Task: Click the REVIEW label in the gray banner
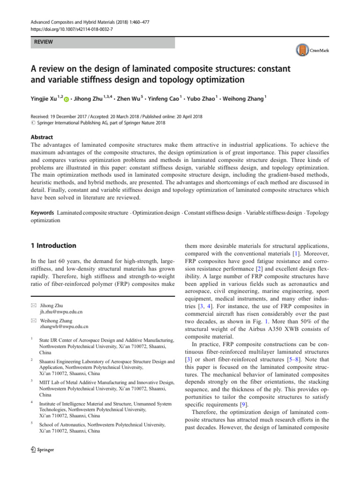pos(42,42)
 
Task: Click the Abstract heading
pos(41,138)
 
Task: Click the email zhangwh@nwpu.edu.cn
pos(64,326)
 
